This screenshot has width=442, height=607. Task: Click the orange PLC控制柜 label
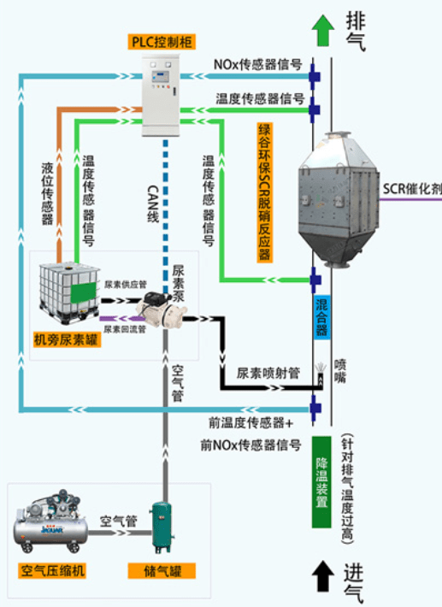(x=162, y=42)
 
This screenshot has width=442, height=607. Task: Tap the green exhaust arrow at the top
(x=323, y=30)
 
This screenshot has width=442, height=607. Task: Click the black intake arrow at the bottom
(x=323, y=576)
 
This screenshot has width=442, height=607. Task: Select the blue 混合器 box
(x=322, y=317)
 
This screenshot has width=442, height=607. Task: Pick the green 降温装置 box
(x=321, y=482)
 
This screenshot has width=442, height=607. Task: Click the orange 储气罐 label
(x=162, y=570)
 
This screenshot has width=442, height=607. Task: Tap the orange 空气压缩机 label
(x=52, y=570)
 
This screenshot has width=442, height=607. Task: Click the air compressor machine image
(x=50, y=522)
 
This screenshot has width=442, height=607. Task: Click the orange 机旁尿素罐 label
(x=67, y=340)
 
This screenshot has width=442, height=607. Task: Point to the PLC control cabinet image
(x=161, y=96)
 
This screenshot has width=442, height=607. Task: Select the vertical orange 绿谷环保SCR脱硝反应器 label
(x=265, y=192)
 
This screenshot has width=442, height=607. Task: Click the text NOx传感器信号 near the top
(x=257, y=65)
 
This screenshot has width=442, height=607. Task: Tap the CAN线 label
(x=153, y=203)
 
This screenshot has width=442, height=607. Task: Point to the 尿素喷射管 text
(x=268, y=374)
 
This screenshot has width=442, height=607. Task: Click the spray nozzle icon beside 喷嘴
(x=320, y=374)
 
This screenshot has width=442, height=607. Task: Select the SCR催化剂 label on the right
(x=412, y=189)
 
